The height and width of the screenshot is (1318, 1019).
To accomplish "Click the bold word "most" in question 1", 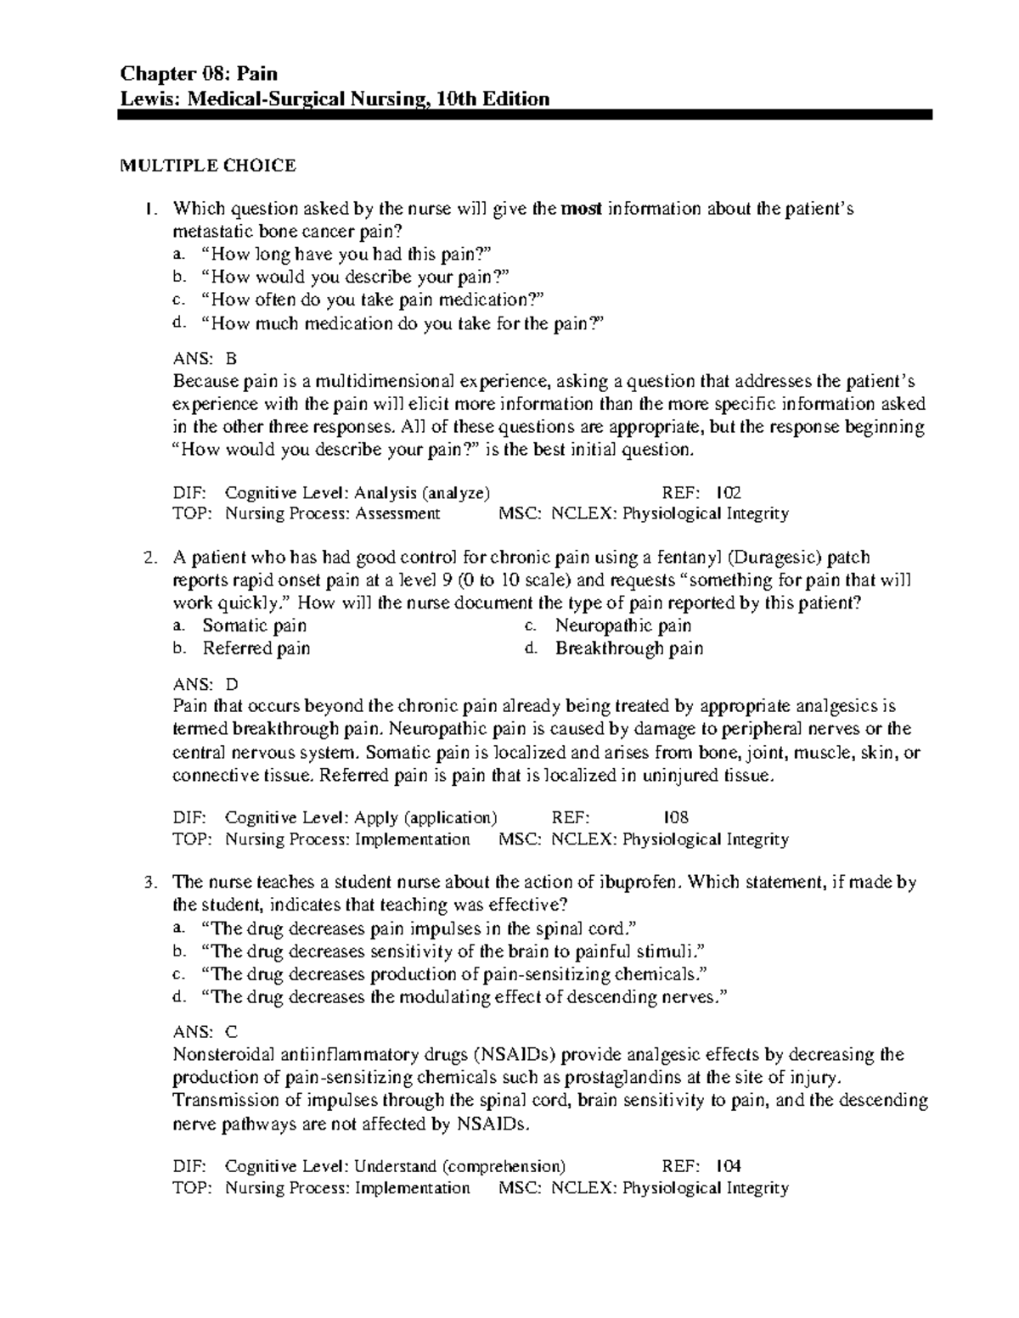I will (582, 209).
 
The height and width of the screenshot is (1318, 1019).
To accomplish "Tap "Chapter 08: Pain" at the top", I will (199, 75).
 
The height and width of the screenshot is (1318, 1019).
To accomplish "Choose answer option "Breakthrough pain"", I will (628, 648).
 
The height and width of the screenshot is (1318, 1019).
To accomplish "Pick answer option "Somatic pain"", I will (254, 625).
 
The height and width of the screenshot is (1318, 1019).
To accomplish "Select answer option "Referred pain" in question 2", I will (256, 648).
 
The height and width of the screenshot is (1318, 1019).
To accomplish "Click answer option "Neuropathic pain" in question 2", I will (623, 625).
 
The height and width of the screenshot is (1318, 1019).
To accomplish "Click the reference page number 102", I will (728, 492).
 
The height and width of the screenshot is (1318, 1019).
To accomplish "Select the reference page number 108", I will (675, 817).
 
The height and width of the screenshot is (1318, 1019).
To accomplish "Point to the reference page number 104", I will (728, 1166).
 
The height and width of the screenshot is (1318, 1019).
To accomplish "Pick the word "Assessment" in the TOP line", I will (397, 513).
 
